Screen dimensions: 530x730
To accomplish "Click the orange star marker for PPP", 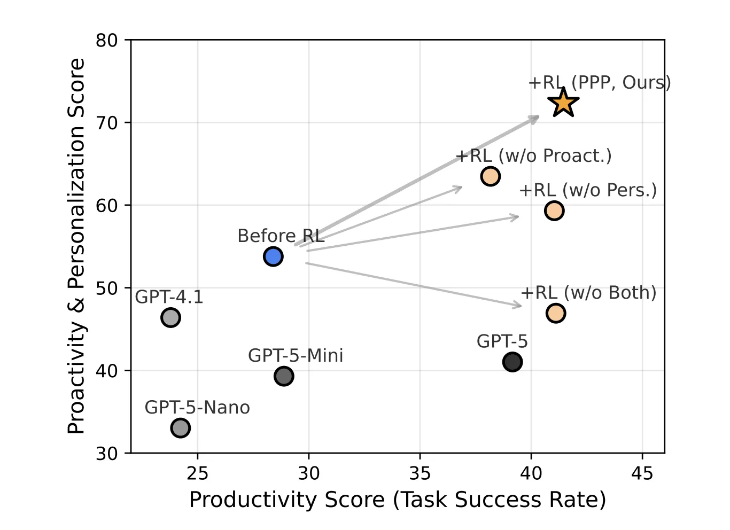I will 563,103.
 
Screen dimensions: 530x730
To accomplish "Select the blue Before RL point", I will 273,256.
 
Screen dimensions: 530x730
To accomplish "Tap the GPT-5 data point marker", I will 512,362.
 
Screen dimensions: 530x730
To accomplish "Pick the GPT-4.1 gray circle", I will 170,317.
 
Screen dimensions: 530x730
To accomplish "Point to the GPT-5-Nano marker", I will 181,428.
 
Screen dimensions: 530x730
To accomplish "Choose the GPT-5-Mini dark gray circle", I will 284,376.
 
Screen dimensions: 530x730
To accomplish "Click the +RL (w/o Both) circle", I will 556,313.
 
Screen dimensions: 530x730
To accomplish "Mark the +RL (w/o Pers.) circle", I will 554,211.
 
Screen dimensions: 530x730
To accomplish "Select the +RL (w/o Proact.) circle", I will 490,176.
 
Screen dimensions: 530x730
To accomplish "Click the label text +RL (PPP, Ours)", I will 599,83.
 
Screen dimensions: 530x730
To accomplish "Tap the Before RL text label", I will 281,236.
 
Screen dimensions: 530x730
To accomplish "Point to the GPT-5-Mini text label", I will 296,355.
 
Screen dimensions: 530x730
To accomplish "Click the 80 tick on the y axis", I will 107,40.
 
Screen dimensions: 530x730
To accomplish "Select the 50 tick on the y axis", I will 107,288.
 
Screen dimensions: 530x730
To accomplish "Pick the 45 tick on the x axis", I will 642,473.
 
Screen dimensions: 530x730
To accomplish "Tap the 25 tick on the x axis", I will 198,473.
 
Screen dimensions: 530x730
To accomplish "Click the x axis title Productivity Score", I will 398,500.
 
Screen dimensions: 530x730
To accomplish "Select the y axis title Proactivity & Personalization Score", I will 76,246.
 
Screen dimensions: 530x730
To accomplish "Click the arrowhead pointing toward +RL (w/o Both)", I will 517,305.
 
